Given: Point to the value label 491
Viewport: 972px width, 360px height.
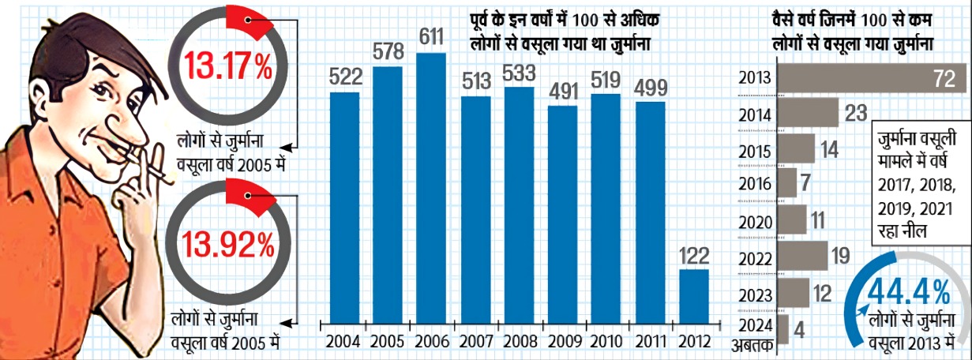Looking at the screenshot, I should point(562,91).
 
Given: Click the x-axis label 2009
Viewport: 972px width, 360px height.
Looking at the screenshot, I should point(562,343).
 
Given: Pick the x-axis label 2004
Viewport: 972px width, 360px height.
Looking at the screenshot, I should point(343,343).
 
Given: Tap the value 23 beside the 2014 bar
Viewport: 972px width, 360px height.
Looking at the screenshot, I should point(856,113).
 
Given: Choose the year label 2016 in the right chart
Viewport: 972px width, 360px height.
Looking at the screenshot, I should point(756,185).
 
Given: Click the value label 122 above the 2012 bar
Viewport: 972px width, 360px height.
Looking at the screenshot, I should point(694,255).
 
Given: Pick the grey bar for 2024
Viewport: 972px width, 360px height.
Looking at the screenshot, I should point(783,328).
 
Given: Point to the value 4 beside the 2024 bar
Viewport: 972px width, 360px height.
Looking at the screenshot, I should point(800,328).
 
